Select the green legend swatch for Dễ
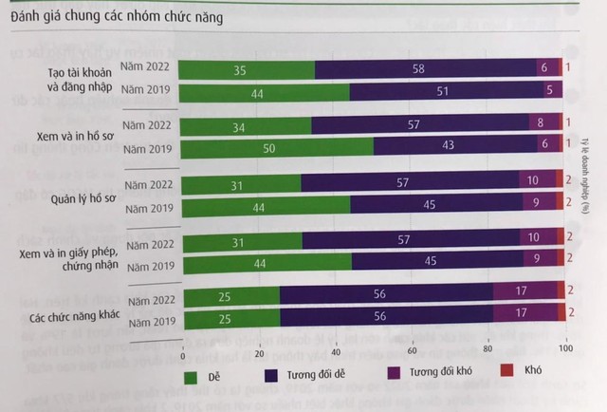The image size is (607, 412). (189, 377)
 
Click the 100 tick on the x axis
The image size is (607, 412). (566, 353)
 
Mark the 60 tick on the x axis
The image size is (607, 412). (412, 353)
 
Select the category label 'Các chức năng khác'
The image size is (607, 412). (64, 314)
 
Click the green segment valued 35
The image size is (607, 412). (247, 68)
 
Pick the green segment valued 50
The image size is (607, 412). (276, 150)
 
